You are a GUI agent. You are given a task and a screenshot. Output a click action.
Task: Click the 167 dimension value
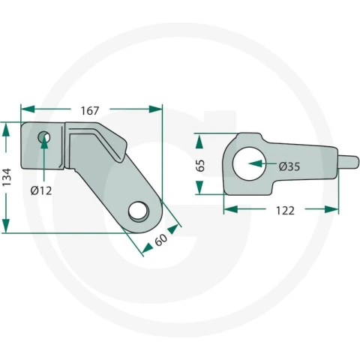[x=90, y=111]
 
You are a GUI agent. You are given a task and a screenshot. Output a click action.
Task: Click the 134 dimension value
[x=7, y=177]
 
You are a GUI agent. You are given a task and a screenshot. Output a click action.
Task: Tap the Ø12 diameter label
[x=41, y=191]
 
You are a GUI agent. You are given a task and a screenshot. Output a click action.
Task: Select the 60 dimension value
[x=160, y=239]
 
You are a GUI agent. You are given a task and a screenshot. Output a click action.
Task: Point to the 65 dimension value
[x=200, y=165]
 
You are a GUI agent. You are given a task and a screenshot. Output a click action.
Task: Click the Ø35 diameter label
[x=289, y=166]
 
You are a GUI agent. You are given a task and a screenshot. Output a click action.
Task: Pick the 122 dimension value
[x=285, y=211]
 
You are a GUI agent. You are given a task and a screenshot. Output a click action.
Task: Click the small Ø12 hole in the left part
[x=44, y=137]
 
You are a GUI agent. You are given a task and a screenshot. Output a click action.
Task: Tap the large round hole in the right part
[x=249, y=163]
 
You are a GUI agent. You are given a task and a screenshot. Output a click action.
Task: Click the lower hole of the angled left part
[x=139, y=211]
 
